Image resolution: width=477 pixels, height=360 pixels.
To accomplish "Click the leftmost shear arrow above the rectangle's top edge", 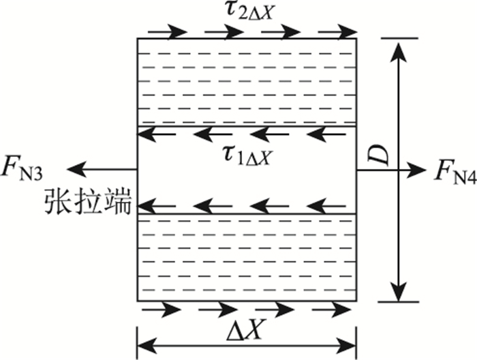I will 166,31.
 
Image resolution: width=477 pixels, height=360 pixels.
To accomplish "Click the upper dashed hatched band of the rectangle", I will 247,82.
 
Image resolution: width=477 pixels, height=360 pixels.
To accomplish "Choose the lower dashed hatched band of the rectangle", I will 247,258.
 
